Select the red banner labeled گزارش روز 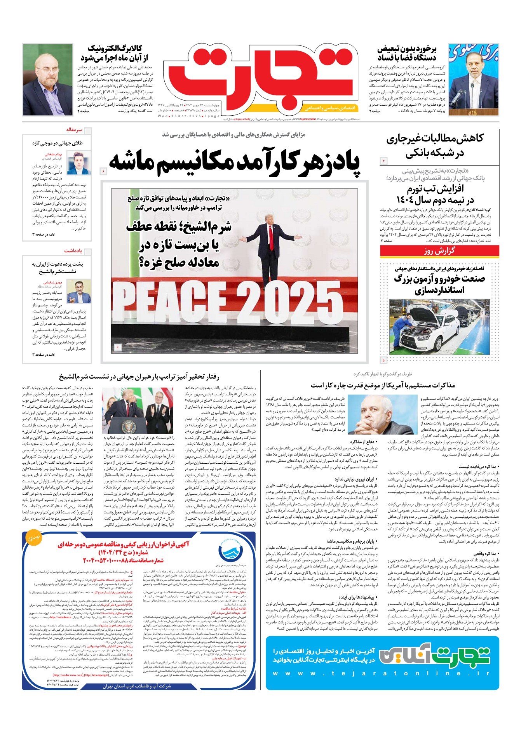(x=439, y=251)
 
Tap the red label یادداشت (x=73, y=251)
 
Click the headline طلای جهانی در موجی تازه (x=57, y=143)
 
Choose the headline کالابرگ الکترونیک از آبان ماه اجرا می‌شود (x=112, y=53)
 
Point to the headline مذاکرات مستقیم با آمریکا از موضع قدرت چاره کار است (x=382, y=385)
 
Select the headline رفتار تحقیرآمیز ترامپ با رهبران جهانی (x=139, y=376)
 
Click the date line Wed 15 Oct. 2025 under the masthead (x=189, y=116)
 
